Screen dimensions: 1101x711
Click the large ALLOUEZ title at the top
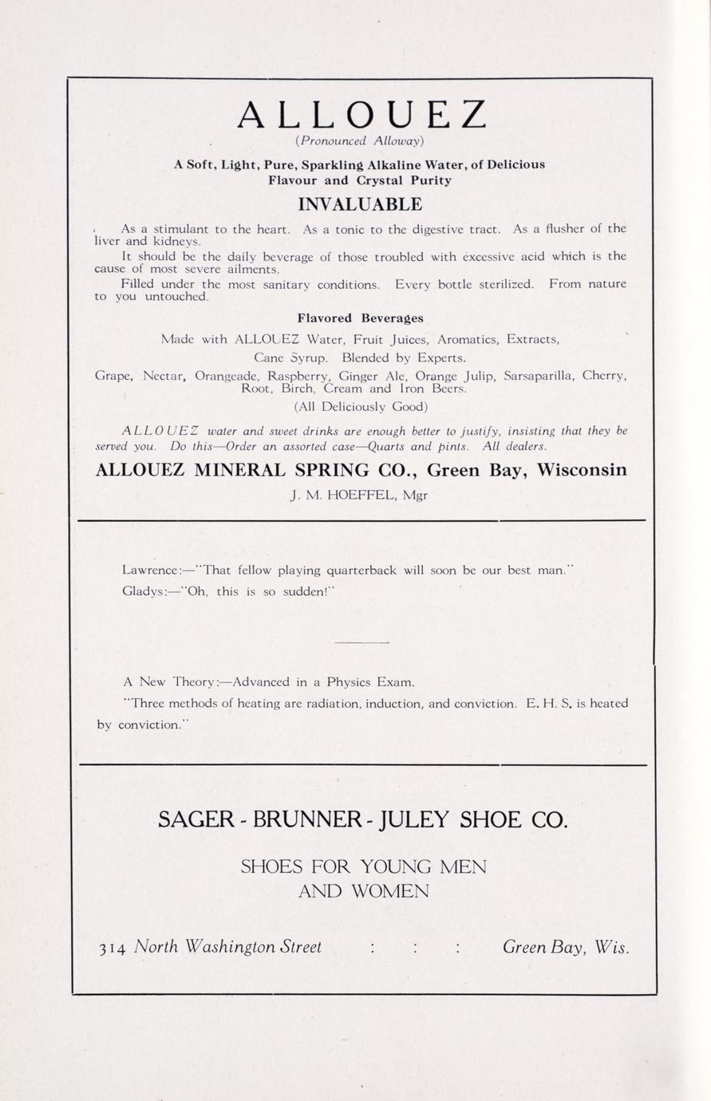tap(361, 113)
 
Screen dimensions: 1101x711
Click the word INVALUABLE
tap(360, 204)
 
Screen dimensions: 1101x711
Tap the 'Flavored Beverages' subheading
tap(360, 318)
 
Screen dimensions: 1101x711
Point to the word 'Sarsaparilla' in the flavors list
tap(539, 375)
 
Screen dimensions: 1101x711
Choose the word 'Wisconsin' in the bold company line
tap(582, 469)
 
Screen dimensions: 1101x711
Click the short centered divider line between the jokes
tap(361, 642)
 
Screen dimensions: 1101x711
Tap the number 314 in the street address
tap(112, 949)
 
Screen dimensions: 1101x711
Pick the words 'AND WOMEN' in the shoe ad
tap(363, 891)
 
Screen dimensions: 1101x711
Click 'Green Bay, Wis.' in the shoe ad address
tap(565, 947)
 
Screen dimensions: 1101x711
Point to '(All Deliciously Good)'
tap(361, 406)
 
